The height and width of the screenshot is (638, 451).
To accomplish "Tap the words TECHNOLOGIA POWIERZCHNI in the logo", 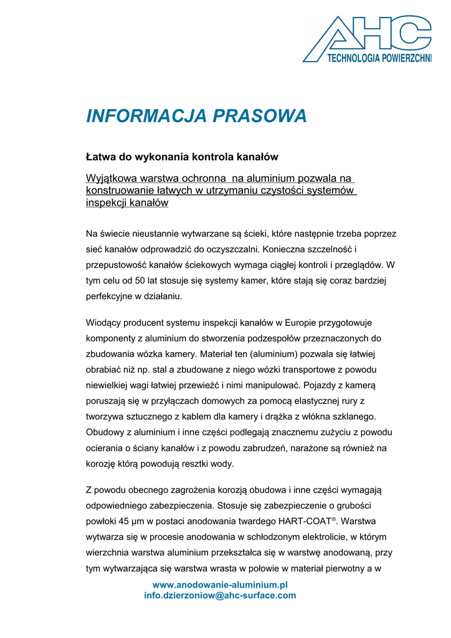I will [379, 58].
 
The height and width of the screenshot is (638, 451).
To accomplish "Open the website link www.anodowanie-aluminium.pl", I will [220, 585].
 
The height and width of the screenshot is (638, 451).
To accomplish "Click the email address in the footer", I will [220, 596].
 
